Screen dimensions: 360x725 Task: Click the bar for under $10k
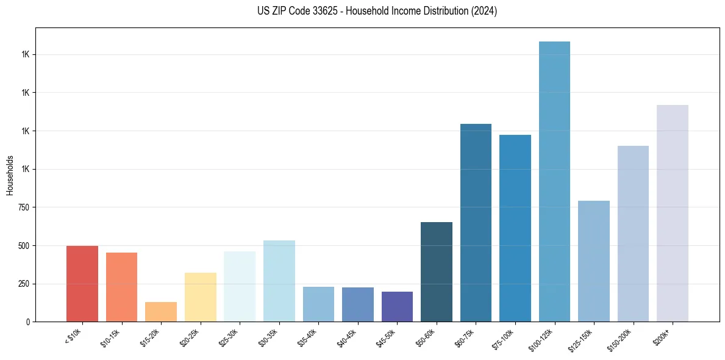pos(82,284)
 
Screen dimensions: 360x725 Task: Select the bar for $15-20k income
pos(161,312)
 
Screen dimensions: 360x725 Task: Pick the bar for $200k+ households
pos(673,214)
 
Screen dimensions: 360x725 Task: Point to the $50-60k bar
pos(437,272)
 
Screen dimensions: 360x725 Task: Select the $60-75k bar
pos(476,223)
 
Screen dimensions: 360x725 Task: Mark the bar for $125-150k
pos(594,261)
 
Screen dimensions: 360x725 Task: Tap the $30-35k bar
pos(279,281)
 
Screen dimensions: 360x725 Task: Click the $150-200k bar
pos(633,234)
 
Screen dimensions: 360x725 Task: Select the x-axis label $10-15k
pos(111,338)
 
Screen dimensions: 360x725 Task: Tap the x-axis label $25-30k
pos(229,338)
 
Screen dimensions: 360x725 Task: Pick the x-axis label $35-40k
pos(308,338)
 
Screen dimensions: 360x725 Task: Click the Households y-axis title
pos(10,175)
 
